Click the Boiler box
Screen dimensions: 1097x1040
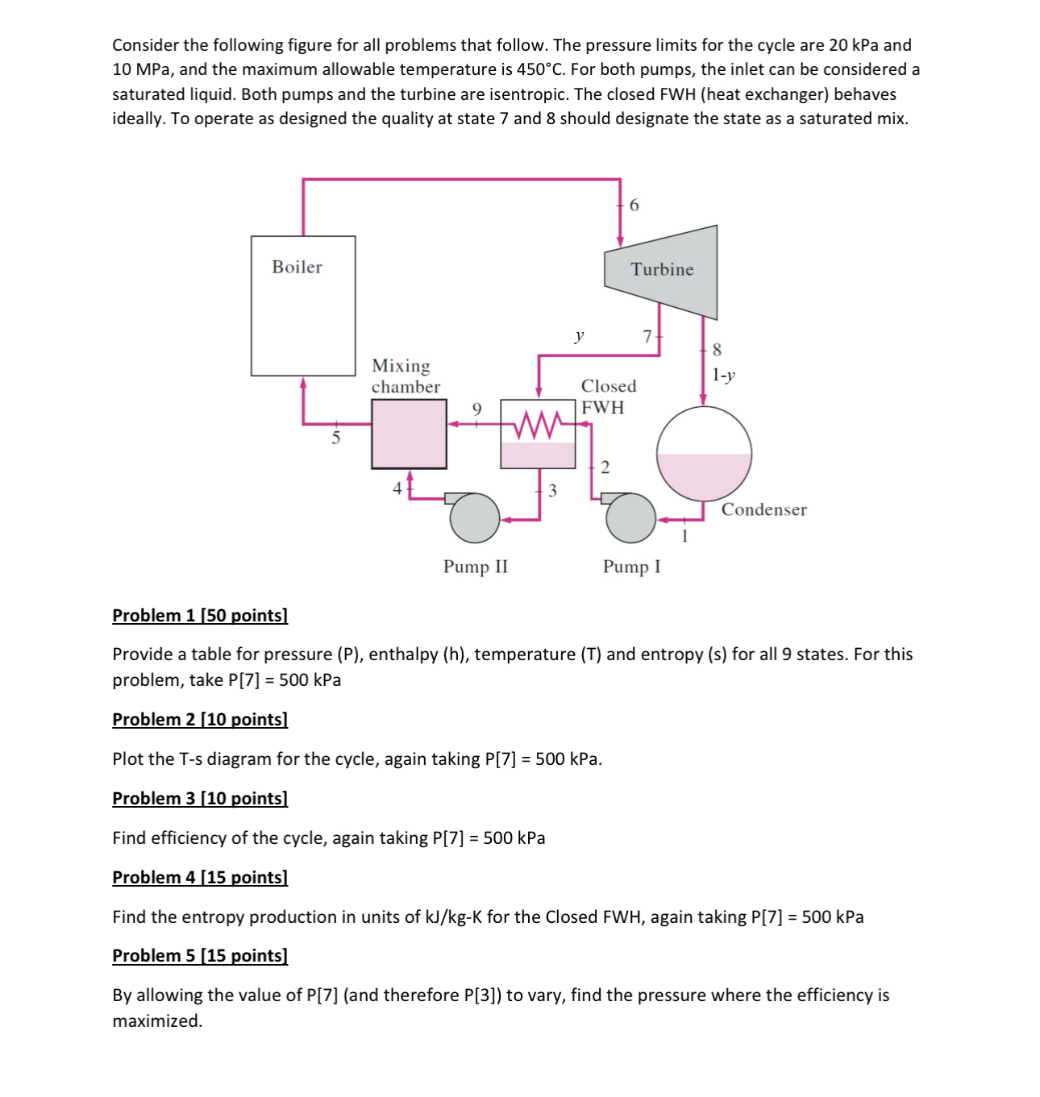point(302,306)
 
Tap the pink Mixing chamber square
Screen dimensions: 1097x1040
point(409,434)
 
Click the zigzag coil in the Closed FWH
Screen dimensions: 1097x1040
point(538,422)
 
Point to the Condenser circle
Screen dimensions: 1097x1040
point(704,454)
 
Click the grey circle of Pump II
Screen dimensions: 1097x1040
point(474,517)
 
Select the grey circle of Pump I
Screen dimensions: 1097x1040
point(630,517)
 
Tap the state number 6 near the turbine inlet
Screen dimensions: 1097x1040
point(634,206)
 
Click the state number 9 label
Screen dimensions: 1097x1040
point(476,409)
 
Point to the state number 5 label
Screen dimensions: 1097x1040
point(336,438)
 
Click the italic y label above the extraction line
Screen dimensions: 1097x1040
point(579,335)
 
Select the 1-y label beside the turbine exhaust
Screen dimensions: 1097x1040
point(723,375)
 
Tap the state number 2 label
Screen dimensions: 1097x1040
point(605,467)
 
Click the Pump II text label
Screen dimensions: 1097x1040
point(476,567)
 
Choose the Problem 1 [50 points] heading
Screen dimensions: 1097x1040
point(200,616)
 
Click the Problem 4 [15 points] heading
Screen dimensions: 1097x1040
point(200,877)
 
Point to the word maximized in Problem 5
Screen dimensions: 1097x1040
point(157,1020)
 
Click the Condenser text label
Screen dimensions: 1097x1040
point(763,509)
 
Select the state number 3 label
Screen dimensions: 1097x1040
point(552,490)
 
